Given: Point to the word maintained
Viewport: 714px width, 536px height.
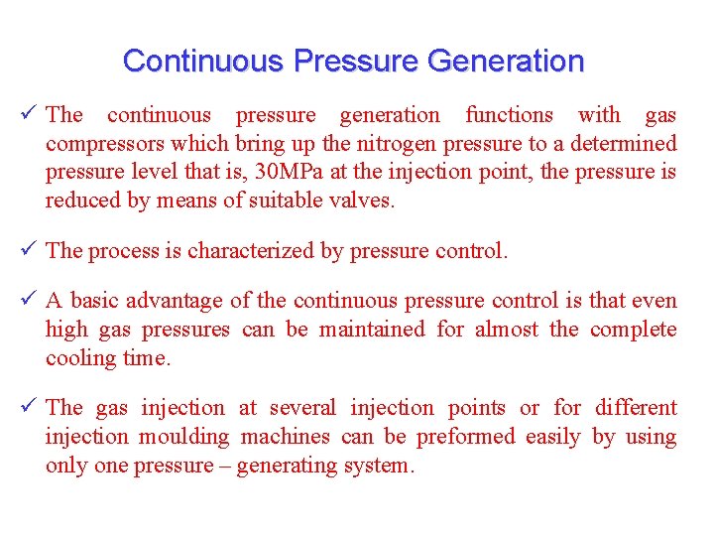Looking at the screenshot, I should (x=378, y=330).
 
